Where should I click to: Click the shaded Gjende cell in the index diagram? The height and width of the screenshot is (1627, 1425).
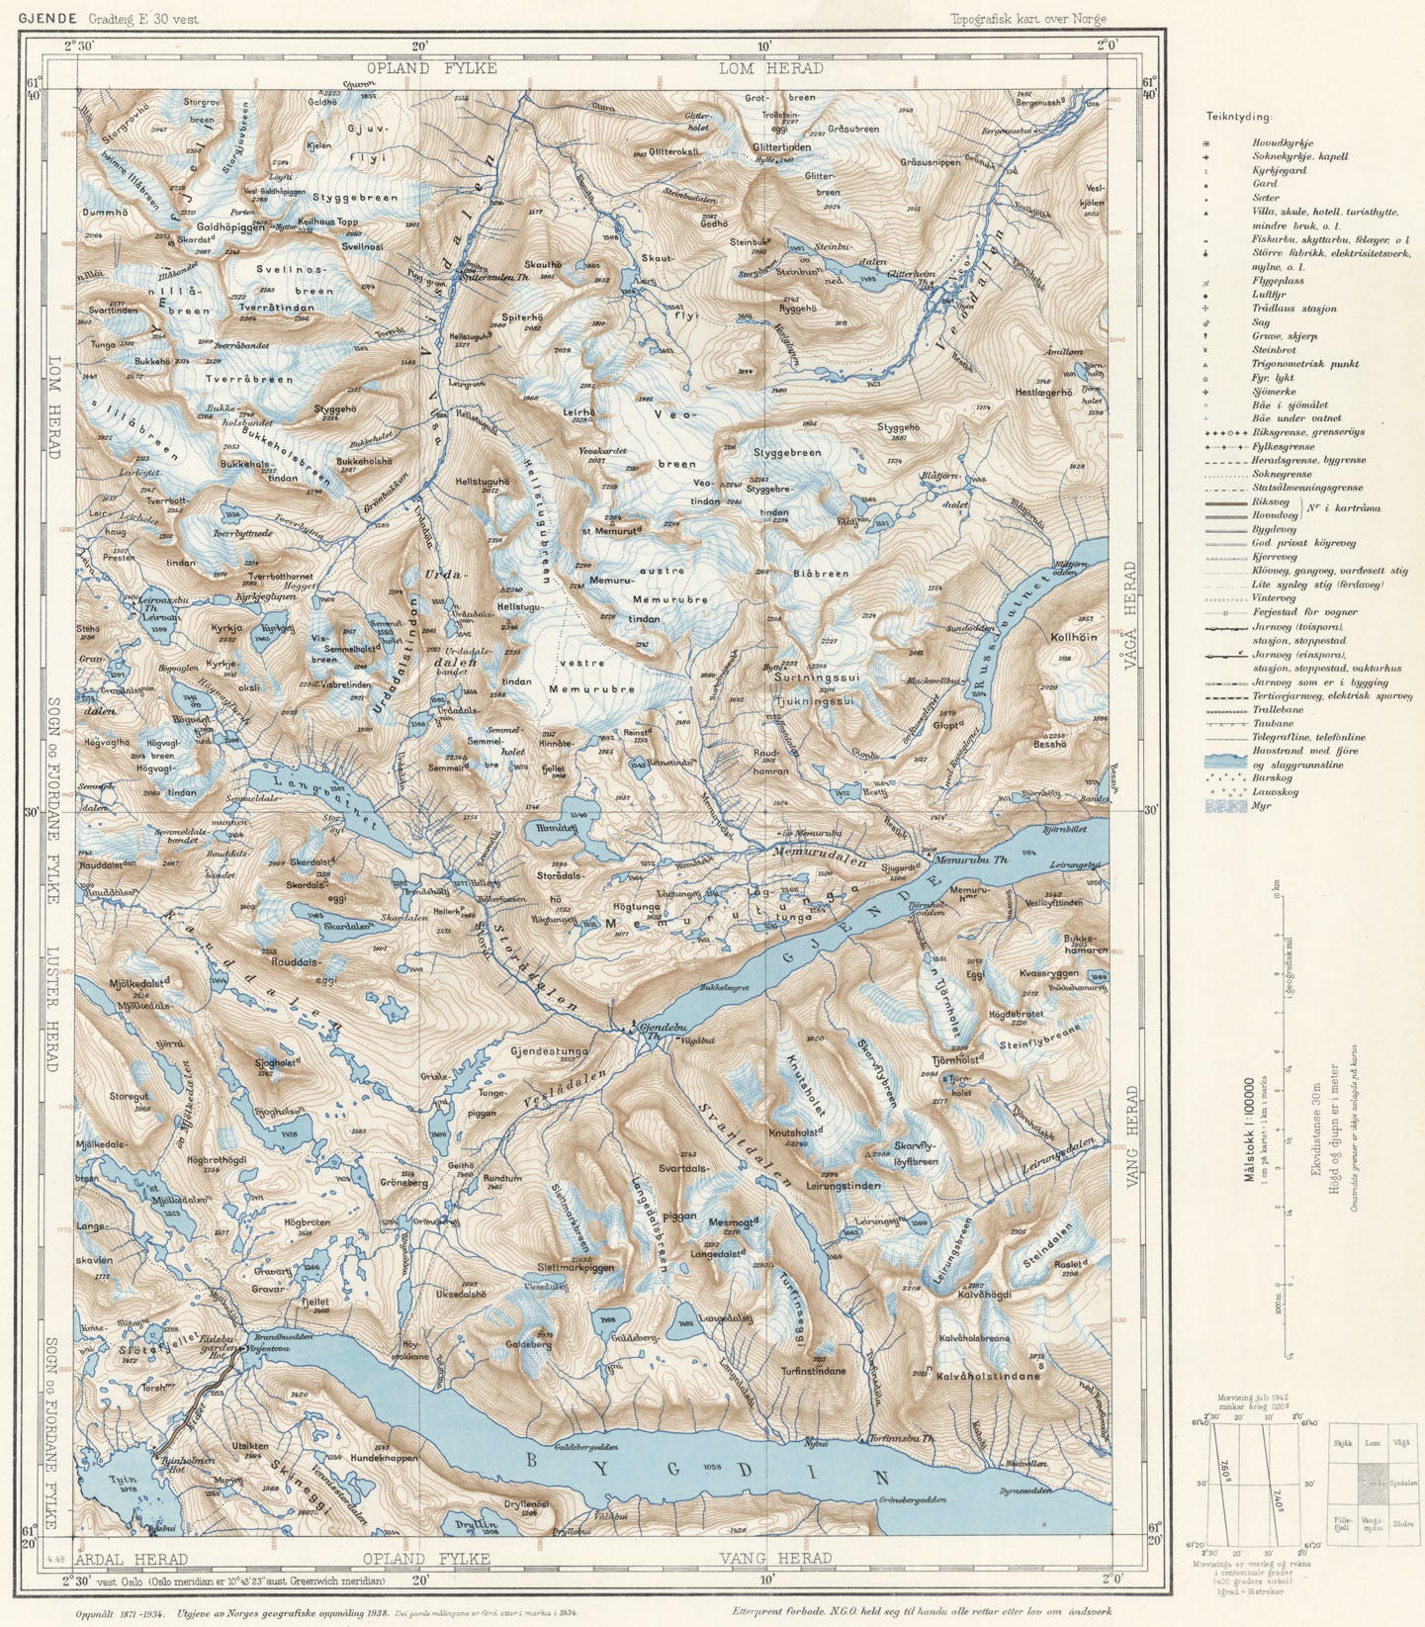(x=1372, y=1484)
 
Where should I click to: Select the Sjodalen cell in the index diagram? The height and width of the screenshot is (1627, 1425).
(x=1402, y=1484)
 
